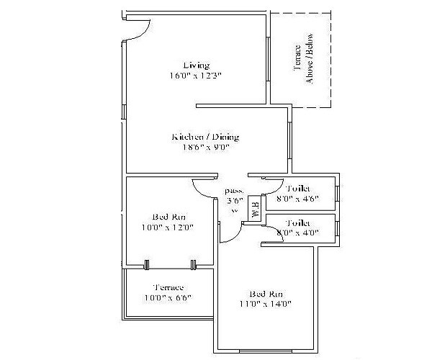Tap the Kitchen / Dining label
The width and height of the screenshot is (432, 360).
coord(205,137)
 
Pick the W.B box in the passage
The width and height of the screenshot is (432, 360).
coord(255,210)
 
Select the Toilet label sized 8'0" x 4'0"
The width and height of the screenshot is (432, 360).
coord(297,223)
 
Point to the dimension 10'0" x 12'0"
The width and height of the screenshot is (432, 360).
coord(168,228)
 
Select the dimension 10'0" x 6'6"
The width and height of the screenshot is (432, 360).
coord(168,297)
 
